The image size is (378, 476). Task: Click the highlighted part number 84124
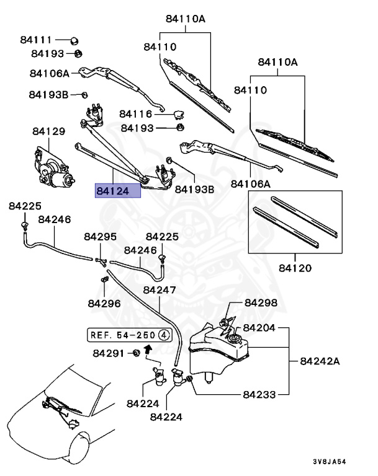(117, 191)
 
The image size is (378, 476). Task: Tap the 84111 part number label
(36, 40)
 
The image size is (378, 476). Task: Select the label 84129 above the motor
(48, 131)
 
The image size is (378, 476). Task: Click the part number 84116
(136, 114)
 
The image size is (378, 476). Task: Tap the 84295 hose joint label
(100, 237)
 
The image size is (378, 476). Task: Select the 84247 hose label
(160, 289)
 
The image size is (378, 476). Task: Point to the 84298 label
(261, 302)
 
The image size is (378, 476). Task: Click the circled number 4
(164, 335)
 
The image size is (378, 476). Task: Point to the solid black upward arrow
(148, 350)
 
